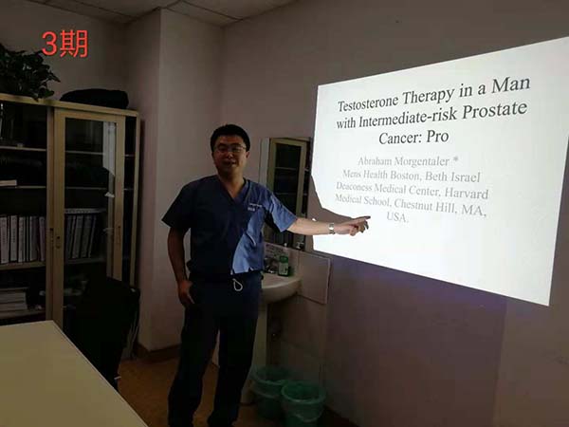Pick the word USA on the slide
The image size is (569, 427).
tap(396, 216)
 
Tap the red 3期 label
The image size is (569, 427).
tap(64, 44)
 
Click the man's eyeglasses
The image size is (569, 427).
tap(229, 149)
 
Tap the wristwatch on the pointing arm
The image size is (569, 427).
tap(331, 229)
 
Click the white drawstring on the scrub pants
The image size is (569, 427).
tap(237, 284)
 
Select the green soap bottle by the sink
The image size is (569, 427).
tap(284, 264)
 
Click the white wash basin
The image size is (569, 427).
tap(280, 285)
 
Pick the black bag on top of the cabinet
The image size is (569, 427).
tap(95, 99)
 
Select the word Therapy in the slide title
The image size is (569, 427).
tap(429, 95)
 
